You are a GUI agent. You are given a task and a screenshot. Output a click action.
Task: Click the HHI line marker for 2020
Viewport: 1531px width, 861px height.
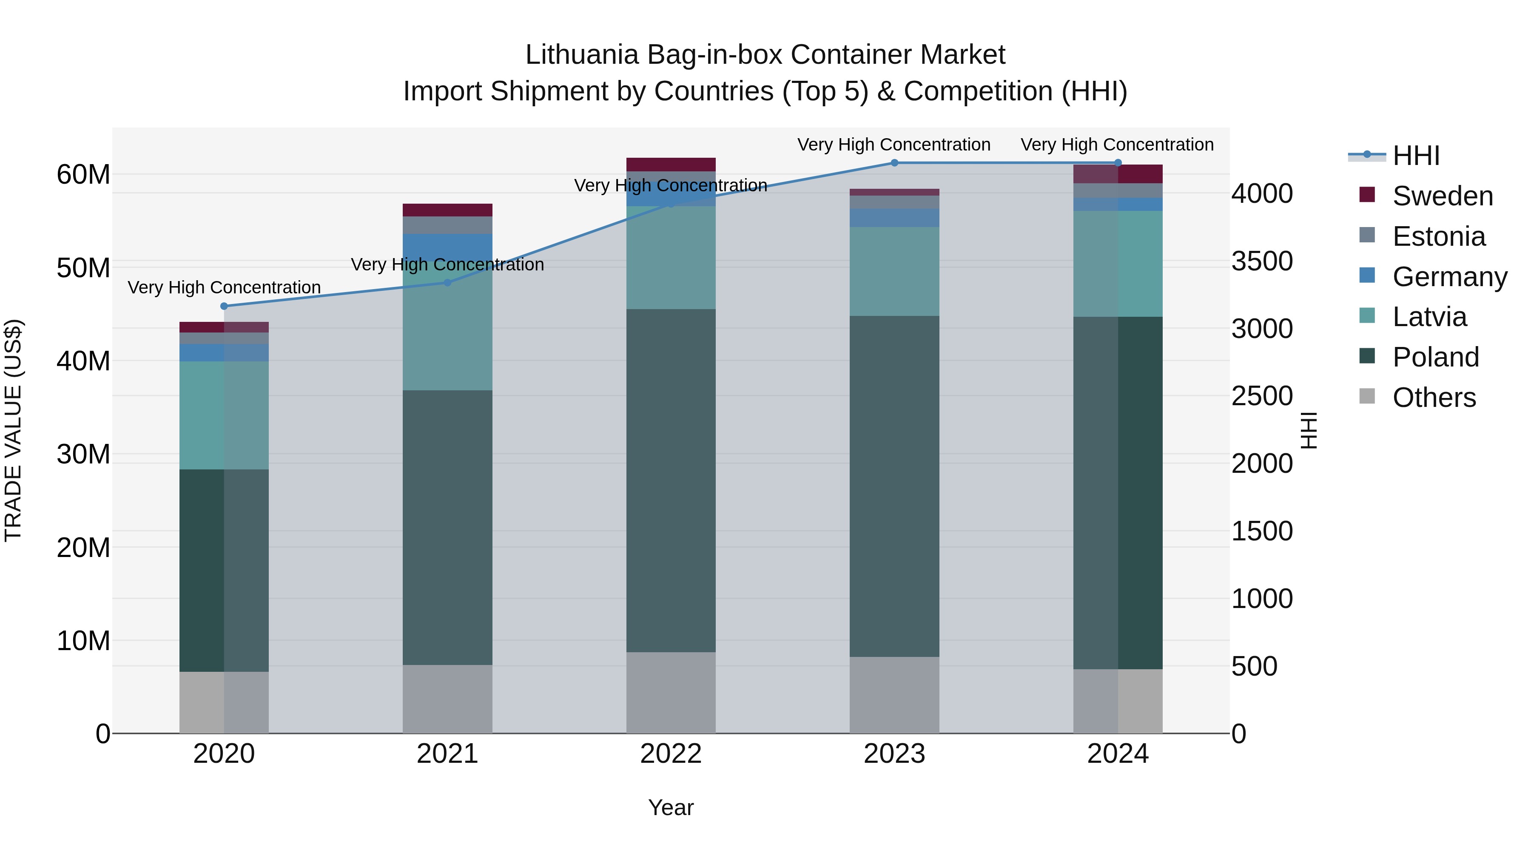tap(224, 306)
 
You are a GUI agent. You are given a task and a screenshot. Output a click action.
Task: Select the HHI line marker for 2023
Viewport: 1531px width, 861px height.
tap(894, 163)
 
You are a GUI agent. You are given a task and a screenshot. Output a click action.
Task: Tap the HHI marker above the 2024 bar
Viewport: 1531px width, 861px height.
tap(1118, 163)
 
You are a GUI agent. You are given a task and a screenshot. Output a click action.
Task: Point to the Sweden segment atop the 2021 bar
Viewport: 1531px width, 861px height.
tap(447, 210)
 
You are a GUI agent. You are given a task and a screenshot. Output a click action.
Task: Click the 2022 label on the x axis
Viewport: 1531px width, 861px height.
tap(671, 754)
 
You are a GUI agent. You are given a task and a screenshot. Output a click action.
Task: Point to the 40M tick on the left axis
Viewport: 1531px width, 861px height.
tap(83, 361)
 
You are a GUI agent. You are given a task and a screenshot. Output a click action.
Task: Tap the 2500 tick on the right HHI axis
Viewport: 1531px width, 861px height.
tap(1262, 396)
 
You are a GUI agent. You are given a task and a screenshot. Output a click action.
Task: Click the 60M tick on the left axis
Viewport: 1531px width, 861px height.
tap(83, 175)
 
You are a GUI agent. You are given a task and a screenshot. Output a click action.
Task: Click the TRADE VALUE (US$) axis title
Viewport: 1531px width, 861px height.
tap(13, 430)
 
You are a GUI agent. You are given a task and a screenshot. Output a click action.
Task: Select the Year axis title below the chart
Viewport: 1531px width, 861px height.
tap(671, 807)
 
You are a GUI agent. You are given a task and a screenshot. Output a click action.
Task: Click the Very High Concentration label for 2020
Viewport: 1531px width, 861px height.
tap(224, 287)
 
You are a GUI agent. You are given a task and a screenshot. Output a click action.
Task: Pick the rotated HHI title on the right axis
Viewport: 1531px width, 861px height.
tap(1309, 430)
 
